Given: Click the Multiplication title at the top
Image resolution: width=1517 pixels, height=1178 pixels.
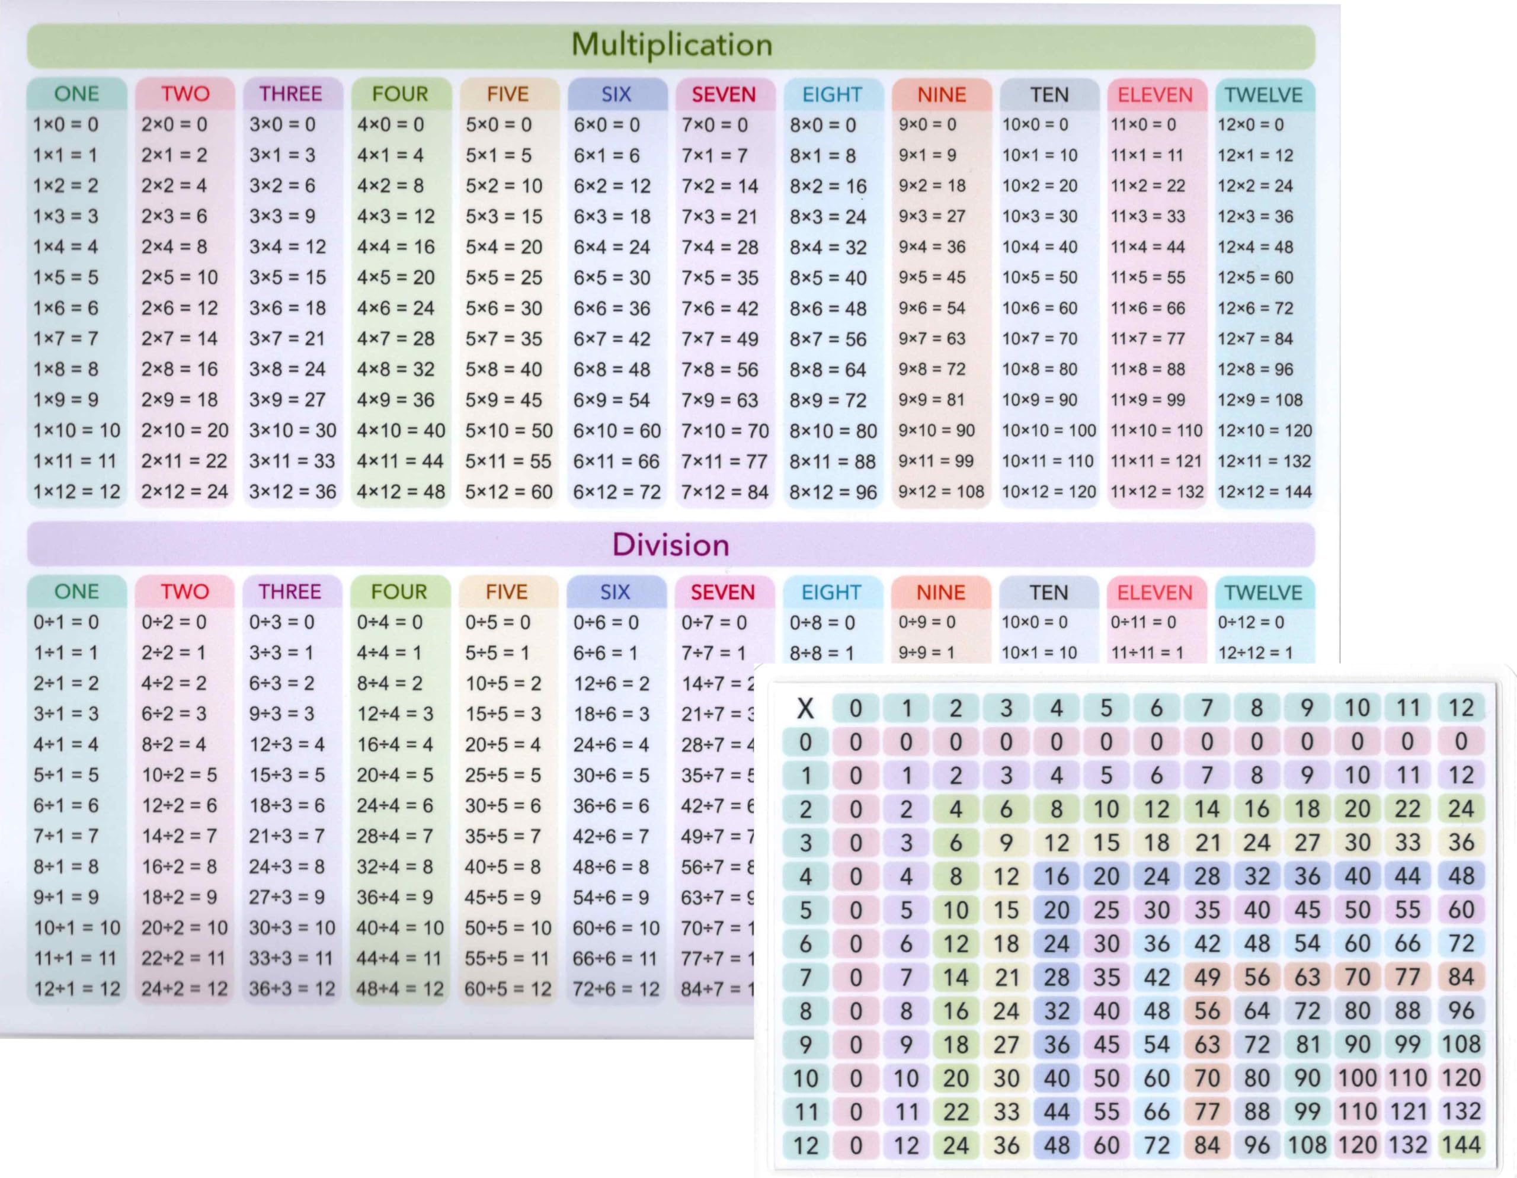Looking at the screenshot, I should (671, 45).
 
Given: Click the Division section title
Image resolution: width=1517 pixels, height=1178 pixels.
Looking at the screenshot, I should (670, 545).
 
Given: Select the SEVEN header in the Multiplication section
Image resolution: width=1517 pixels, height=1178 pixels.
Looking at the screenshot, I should (723, 94).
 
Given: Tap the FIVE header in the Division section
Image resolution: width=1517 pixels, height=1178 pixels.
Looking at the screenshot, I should (507, 592).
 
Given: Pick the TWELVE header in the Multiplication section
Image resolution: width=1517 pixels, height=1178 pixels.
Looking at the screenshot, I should (1263, 94).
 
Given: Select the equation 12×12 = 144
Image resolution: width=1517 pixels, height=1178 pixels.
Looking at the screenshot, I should (1264, 492).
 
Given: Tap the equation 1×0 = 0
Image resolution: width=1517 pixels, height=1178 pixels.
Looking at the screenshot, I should (66, 125).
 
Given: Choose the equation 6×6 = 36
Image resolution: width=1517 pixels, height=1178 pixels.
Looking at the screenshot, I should (612, 308).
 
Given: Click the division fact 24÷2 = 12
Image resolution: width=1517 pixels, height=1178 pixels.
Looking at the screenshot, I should (184, 989).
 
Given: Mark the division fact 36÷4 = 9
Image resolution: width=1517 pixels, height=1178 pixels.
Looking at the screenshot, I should (395, 897).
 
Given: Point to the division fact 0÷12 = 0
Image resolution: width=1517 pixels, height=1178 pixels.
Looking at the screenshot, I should (1250, 622).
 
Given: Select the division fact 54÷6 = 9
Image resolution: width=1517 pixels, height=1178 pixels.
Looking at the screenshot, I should (610, 897).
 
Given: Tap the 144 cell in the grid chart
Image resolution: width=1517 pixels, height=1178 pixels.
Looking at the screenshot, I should (1461, 1145).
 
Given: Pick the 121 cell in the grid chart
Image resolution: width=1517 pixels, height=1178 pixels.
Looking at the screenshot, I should (1408, 1111).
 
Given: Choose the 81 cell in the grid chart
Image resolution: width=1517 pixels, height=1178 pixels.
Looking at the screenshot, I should (1307, 1044).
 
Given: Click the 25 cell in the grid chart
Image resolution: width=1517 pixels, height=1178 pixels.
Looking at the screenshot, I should (1106, 910).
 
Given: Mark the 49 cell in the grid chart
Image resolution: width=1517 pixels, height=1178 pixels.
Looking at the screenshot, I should (1206, 977).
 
